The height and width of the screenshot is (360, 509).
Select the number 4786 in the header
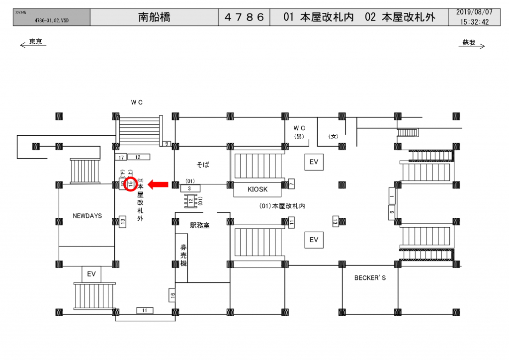[244, 17]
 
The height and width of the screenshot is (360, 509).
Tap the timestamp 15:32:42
[474, 22]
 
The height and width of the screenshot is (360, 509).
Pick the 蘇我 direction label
[469, 43]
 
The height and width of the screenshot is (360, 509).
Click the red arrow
[159, 185]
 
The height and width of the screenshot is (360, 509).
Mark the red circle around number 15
[130, 184]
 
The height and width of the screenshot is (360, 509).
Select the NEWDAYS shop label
[87, 216]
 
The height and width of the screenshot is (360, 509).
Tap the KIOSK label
[257, 189]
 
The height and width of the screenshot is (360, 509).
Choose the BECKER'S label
[370, 278]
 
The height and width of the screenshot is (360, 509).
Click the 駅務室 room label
[200, 225]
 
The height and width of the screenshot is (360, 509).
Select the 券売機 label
[183, 255]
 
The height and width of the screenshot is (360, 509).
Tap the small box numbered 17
[121, 158]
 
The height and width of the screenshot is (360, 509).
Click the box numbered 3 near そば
[190, 189]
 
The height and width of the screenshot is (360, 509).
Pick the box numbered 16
[172, 295]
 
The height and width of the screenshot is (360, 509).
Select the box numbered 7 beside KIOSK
[292, 184]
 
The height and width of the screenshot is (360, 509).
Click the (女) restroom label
[333, 136]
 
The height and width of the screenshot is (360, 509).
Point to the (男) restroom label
[299, 136]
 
